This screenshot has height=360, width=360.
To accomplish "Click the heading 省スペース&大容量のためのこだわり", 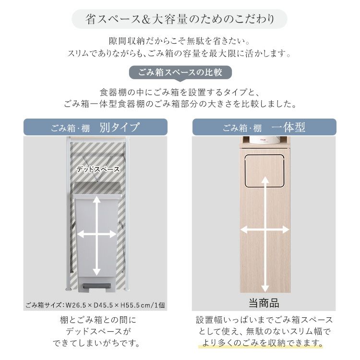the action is (180, 19).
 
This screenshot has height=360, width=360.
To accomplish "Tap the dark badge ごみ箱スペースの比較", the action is (180, 72).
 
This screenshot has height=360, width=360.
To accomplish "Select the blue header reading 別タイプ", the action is (96, 127).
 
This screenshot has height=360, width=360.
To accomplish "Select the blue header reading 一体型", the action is (264, 127).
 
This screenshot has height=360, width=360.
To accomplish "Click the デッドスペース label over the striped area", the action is (98, 169).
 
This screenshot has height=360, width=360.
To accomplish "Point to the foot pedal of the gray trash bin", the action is (97, 286).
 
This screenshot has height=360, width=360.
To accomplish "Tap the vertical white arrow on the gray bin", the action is (96, 236).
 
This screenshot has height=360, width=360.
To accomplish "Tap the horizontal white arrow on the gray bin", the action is (96, 234).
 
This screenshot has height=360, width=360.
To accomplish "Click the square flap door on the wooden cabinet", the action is (264, 170).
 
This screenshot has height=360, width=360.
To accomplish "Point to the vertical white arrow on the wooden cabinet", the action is (265, 234).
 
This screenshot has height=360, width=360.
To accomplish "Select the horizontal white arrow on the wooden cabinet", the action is (264, 230).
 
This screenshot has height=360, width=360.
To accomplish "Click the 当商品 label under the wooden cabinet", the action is (264, 303).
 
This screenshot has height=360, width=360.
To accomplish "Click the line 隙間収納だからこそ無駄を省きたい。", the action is (180, 41).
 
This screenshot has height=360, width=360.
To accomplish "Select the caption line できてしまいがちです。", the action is (96, 343).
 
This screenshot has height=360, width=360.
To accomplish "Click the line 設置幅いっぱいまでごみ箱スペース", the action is (264, 320).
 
